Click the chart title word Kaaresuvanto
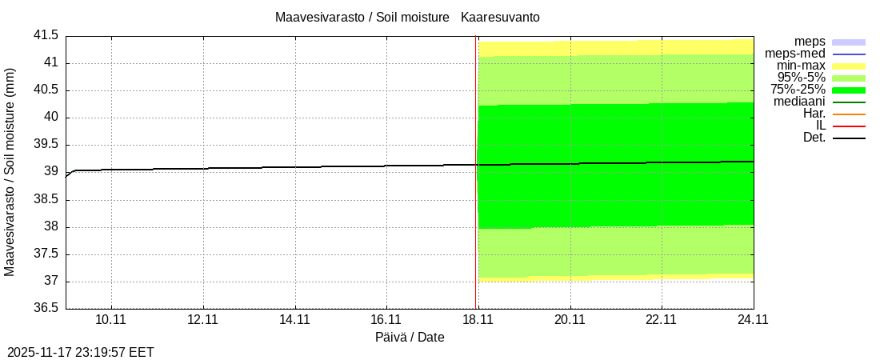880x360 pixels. (505, 17)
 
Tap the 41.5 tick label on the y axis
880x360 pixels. (45, 35)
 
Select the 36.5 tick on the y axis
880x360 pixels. (45, 308)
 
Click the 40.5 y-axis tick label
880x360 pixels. (45, 90)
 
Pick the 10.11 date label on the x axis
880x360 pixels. (111, 320)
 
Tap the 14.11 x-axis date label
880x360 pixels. (294, 320)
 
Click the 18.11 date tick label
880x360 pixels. (478, 320)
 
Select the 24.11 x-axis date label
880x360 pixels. (753, 320)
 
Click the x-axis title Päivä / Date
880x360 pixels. (410, 338)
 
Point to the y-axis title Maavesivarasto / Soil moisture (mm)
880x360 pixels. (10, 172)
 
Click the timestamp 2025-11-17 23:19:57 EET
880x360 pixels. (81, 352)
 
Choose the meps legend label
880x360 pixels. (810, 42)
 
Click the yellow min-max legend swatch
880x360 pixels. (849, 66)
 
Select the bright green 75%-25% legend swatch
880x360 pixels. (849, 90)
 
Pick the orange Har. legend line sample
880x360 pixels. (849, 114)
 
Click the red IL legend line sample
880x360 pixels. (849, 126)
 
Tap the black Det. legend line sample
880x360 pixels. (849, 138)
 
